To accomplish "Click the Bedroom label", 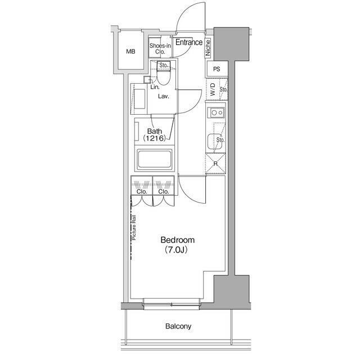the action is pyautogui.click(x=178, y=240).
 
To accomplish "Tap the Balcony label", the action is pyautogui.click(x=178, y=326).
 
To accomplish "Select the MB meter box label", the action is pyautogui.click(x=130, y=51).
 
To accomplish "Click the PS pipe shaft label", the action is pyautogui.click(x=217, y=69).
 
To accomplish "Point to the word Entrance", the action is pyautogui.click(x=189, y=42).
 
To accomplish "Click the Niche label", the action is pyautogui.click(x=208, y=48).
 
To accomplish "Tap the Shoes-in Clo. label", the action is pyautogui.click(x=160, y=49).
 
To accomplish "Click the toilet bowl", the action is pyautogui.click(x=163, y=78).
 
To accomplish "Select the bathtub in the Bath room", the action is pyautogui.click(x=154, y=159).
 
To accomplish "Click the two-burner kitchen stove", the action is pyautogui.click(x=216, y=112).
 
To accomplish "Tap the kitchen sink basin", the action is pyautogui.click(x=214, y=141).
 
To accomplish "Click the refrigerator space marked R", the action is pyautogui.click(x=215, y=164).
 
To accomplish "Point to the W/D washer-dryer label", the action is pyautogui.click(x=213, y=89).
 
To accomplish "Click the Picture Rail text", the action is pyautogui.click(x=134, y=227).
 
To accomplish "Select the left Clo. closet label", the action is pyautogui.click(x=142, y=191).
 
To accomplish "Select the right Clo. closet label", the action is pyautogui.click(x=164, y=191).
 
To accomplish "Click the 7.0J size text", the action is pyautogui.click(x=176, y=250).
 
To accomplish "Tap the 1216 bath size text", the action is pyautogui.click(x=154, y=138).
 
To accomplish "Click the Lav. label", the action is pyautogui.click(x=164, y=96).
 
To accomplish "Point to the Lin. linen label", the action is pyautogui.click(x=155, y=87).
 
